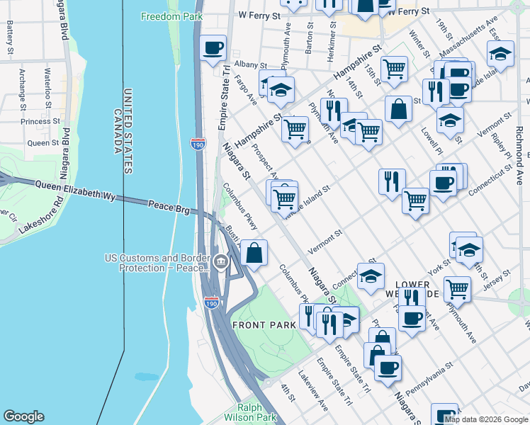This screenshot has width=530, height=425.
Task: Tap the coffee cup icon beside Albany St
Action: [x=213, y=49]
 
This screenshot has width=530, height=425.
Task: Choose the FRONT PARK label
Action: [x=261, y=325]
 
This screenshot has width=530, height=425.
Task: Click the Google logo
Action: [x=24, y=416]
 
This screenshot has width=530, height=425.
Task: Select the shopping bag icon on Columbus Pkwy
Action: [x=254, y=252]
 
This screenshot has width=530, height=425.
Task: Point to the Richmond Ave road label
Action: [x=520, y=152]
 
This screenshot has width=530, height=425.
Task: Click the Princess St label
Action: [x=40, y=122]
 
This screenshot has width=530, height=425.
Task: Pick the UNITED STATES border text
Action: [x=128, y=131]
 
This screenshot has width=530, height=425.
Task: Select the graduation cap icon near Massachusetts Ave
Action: [x=500, y=54]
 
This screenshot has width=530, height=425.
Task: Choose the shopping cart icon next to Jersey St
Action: [x=458, y=288]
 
